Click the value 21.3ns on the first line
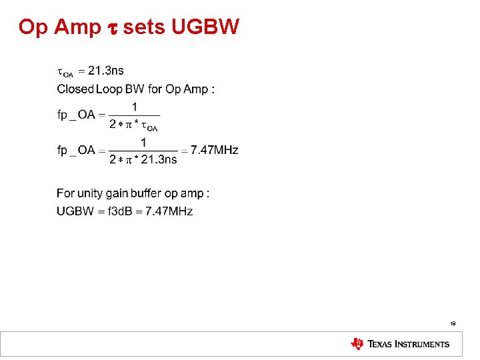(x=105, y=70)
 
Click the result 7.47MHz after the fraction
(x=214, y=150)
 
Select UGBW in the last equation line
(x=75, y=211)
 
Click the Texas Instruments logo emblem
(x=357, y=344)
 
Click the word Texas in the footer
(x=381, y=344)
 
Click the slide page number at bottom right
(x=453, y=323)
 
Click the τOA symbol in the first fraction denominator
(x=151, y=126)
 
